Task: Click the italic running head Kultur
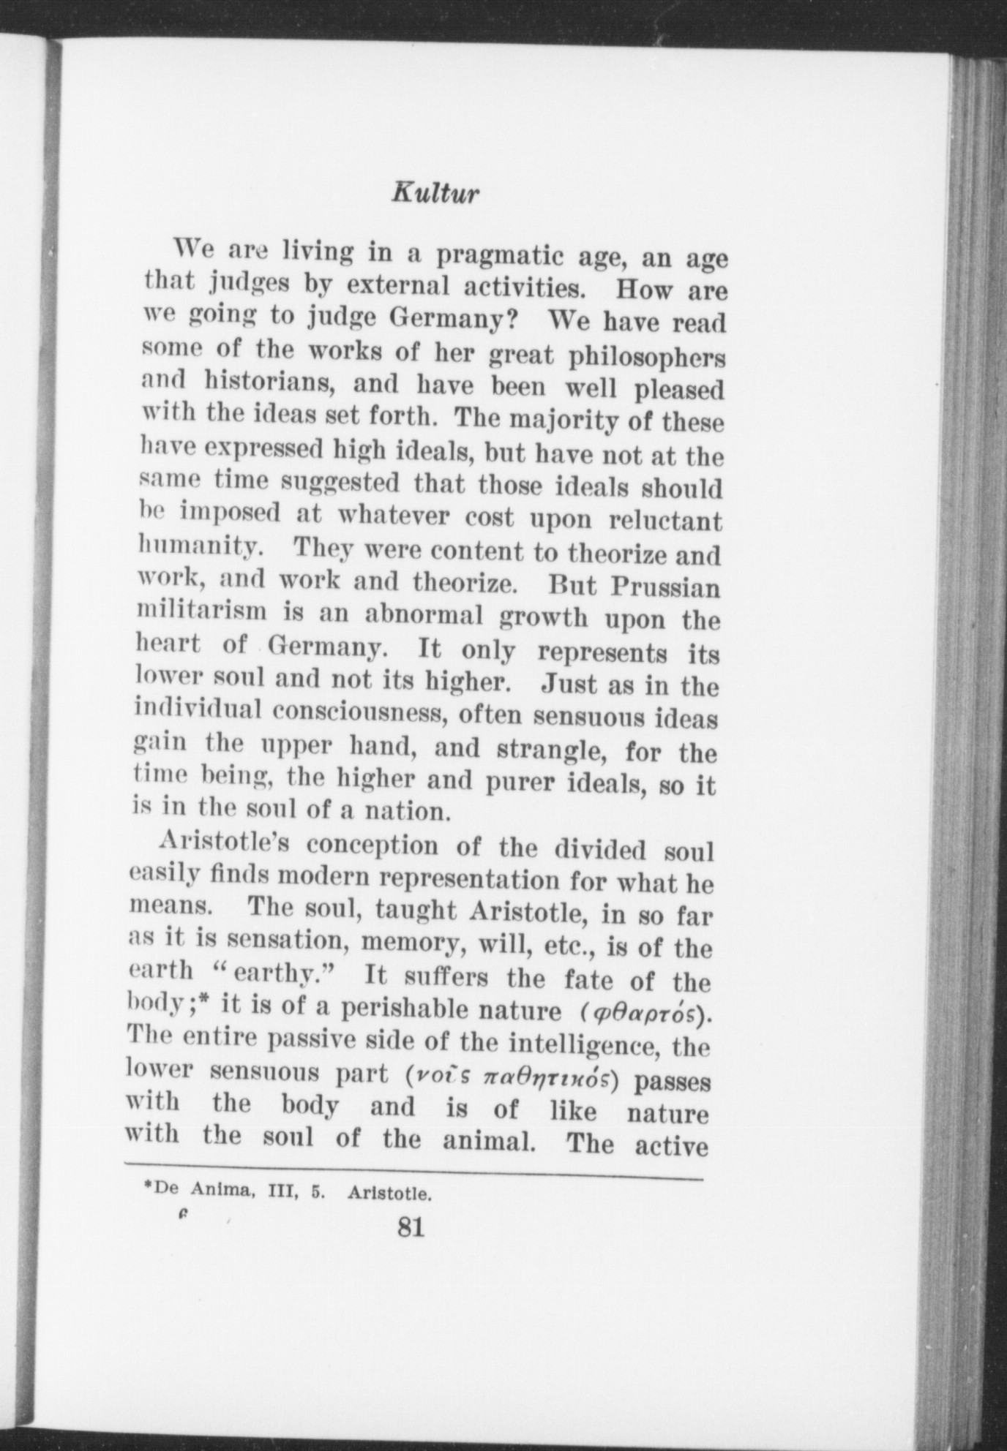[x=435, y=194]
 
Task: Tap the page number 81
[x=410, y=1226]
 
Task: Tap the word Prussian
[x=665, y=587]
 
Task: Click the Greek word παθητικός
[x=549, y=1077]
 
